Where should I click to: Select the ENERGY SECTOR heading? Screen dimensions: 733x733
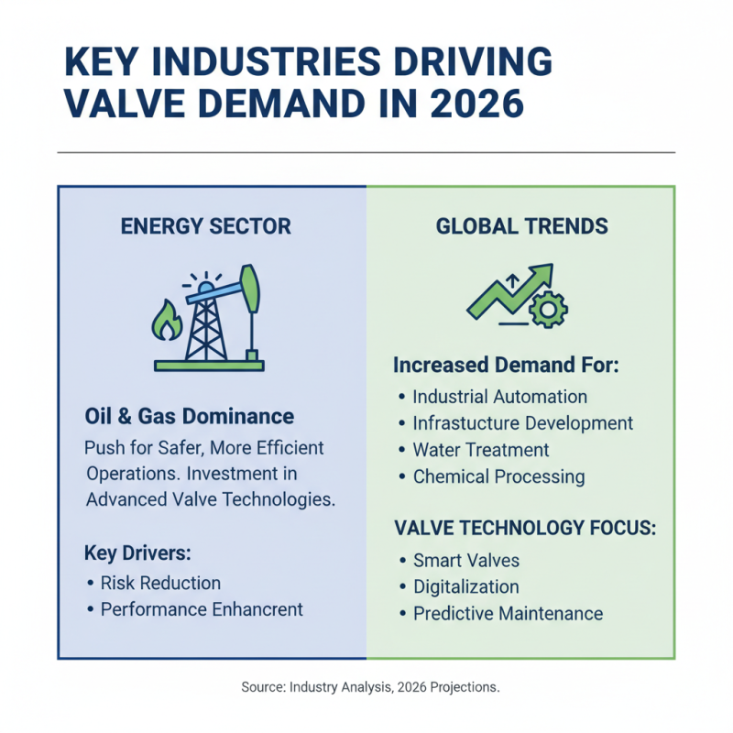[x=206, y=226]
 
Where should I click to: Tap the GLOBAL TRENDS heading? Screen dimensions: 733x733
[x=521, y=226]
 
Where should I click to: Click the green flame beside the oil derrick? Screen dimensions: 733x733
[x=165, y=322]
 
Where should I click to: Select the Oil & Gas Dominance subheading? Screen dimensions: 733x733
[x=189, y=417]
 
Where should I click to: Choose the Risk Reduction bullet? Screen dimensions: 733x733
[x=160, y=583]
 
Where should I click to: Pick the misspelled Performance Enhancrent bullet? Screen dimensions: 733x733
[x=202, y=609]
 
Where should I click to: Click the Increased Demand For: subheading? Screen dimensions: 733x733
[x=507, y=366]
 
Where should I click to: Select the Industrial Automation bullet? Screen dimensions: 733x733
[x=499, y=397]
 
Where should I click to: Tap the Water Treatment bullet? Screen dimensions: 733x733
[x=481, y=450]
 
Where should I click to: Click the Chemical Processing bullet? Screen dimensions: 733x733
[x=498, y=476]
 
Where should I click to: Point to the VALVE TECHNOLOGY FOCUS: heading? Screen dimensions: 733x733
[x=525, y=529]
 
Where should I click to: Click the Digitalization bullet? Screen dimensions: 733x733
[x=466, y=587]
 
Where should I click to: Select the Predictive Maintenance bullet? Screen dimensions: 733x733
[x=508, y=614]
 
